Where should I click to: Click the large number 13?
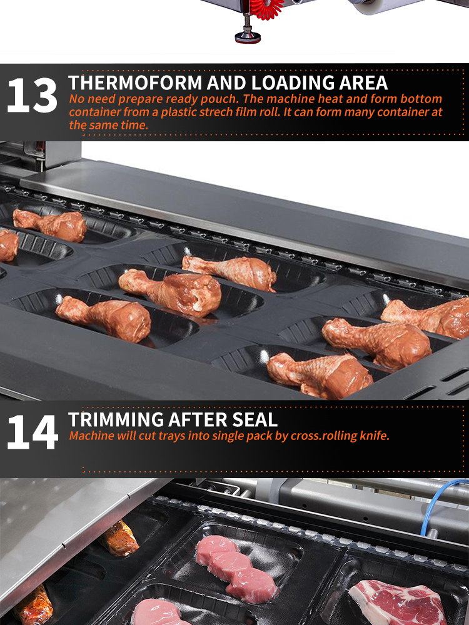[33, 95]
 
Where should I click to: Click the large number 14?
[33, 432]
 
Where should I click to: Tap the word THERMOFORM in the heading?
[135, 83]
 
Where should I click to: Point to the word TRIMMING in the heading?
[116, 420]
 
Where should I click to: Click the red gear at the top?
[267, 9]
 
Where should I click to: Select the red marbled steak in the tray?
[399, 602]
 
